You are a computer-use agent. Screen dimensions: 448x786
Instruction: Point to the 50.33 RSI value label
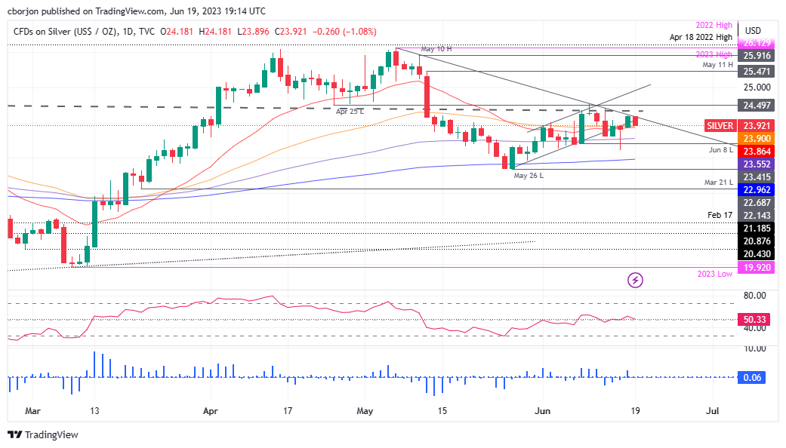click(757, 320)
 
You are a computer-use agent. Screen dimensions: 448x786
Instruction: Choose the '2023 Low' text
click(714, 274)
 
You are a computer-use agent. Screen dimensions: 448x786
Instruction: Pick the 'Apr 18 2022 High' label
click(700, 36)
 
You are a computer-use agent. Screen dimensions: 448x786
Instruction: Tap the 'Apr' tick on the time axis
click(211, 411)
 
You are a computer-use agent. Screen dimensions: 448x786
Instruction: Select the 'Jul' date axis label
click(711, 411)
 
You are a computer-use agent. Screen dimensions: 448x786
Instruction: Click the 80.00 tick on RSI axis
click(755, 296)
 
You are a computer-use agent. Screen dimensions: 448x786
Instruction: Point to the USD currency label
click(753, 31)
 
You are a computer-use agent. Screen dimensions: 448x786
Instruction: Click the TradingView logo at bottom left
click(43, 434)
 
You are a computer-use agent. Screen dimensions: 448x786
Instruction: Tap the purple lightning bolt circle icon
click(636, 280)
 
